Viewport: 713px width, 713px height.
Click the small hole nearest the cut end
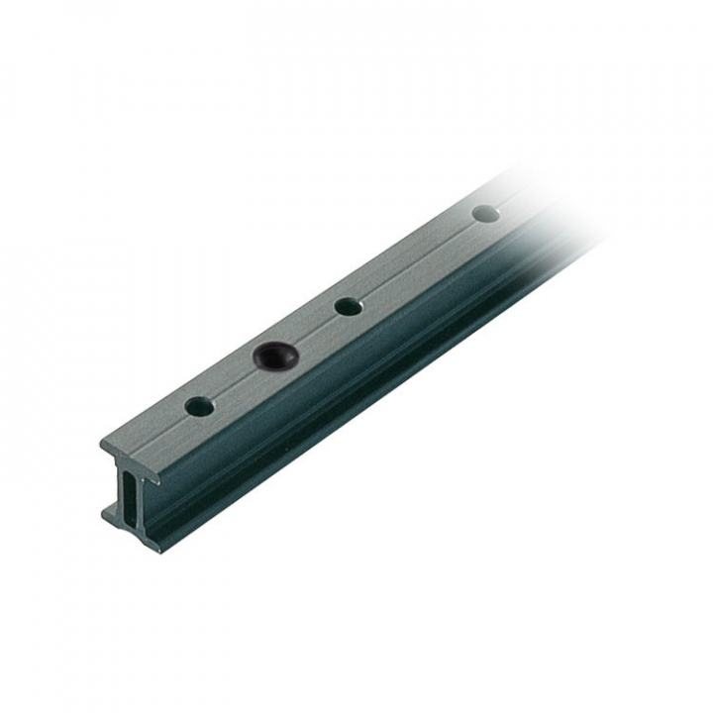point(199,406)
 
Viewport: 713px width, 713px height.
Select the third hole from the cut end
point(348,306)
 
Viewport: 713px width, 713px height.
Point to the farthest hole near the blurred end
point(485,213)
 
